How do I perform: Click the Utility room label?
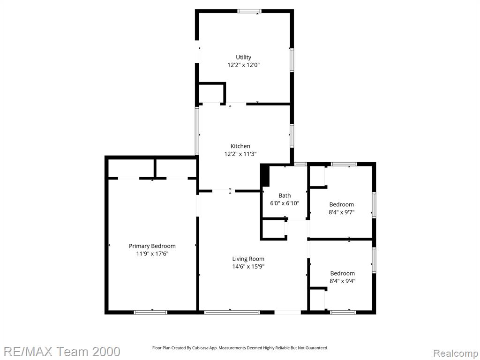(243, 57)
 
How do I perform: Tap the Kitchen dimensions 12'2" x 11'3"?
(240, 154)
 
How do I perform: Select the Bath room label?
(285, 195)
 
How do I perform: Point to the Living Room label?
(248, 259)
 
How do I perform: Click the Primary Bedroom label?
(152, 246)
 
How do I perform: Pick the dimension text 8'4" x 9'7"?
(342, 212)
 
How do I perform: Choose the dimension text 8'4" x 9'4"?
(343, 281)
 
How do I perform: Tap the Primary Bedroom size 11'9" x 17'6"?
(152, 254)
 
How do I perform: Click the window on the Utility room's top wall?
(249, 11)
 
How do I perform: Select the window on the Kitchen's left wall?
(197, 131)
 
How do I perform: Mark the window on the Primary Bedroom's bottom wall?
(150, 312)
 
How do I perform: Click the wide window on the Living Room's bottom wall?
(232, 312)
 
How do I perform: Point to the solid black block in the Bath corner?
(265, 175)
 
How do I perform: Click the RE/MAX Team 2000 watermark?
(62, 352)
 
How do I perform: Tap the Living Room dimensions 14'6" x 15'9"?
(248, 267)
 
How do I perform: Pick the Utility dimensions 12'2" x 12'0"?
(243, 65)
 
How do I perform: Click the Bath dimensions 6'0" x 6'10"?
(285, 203)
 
